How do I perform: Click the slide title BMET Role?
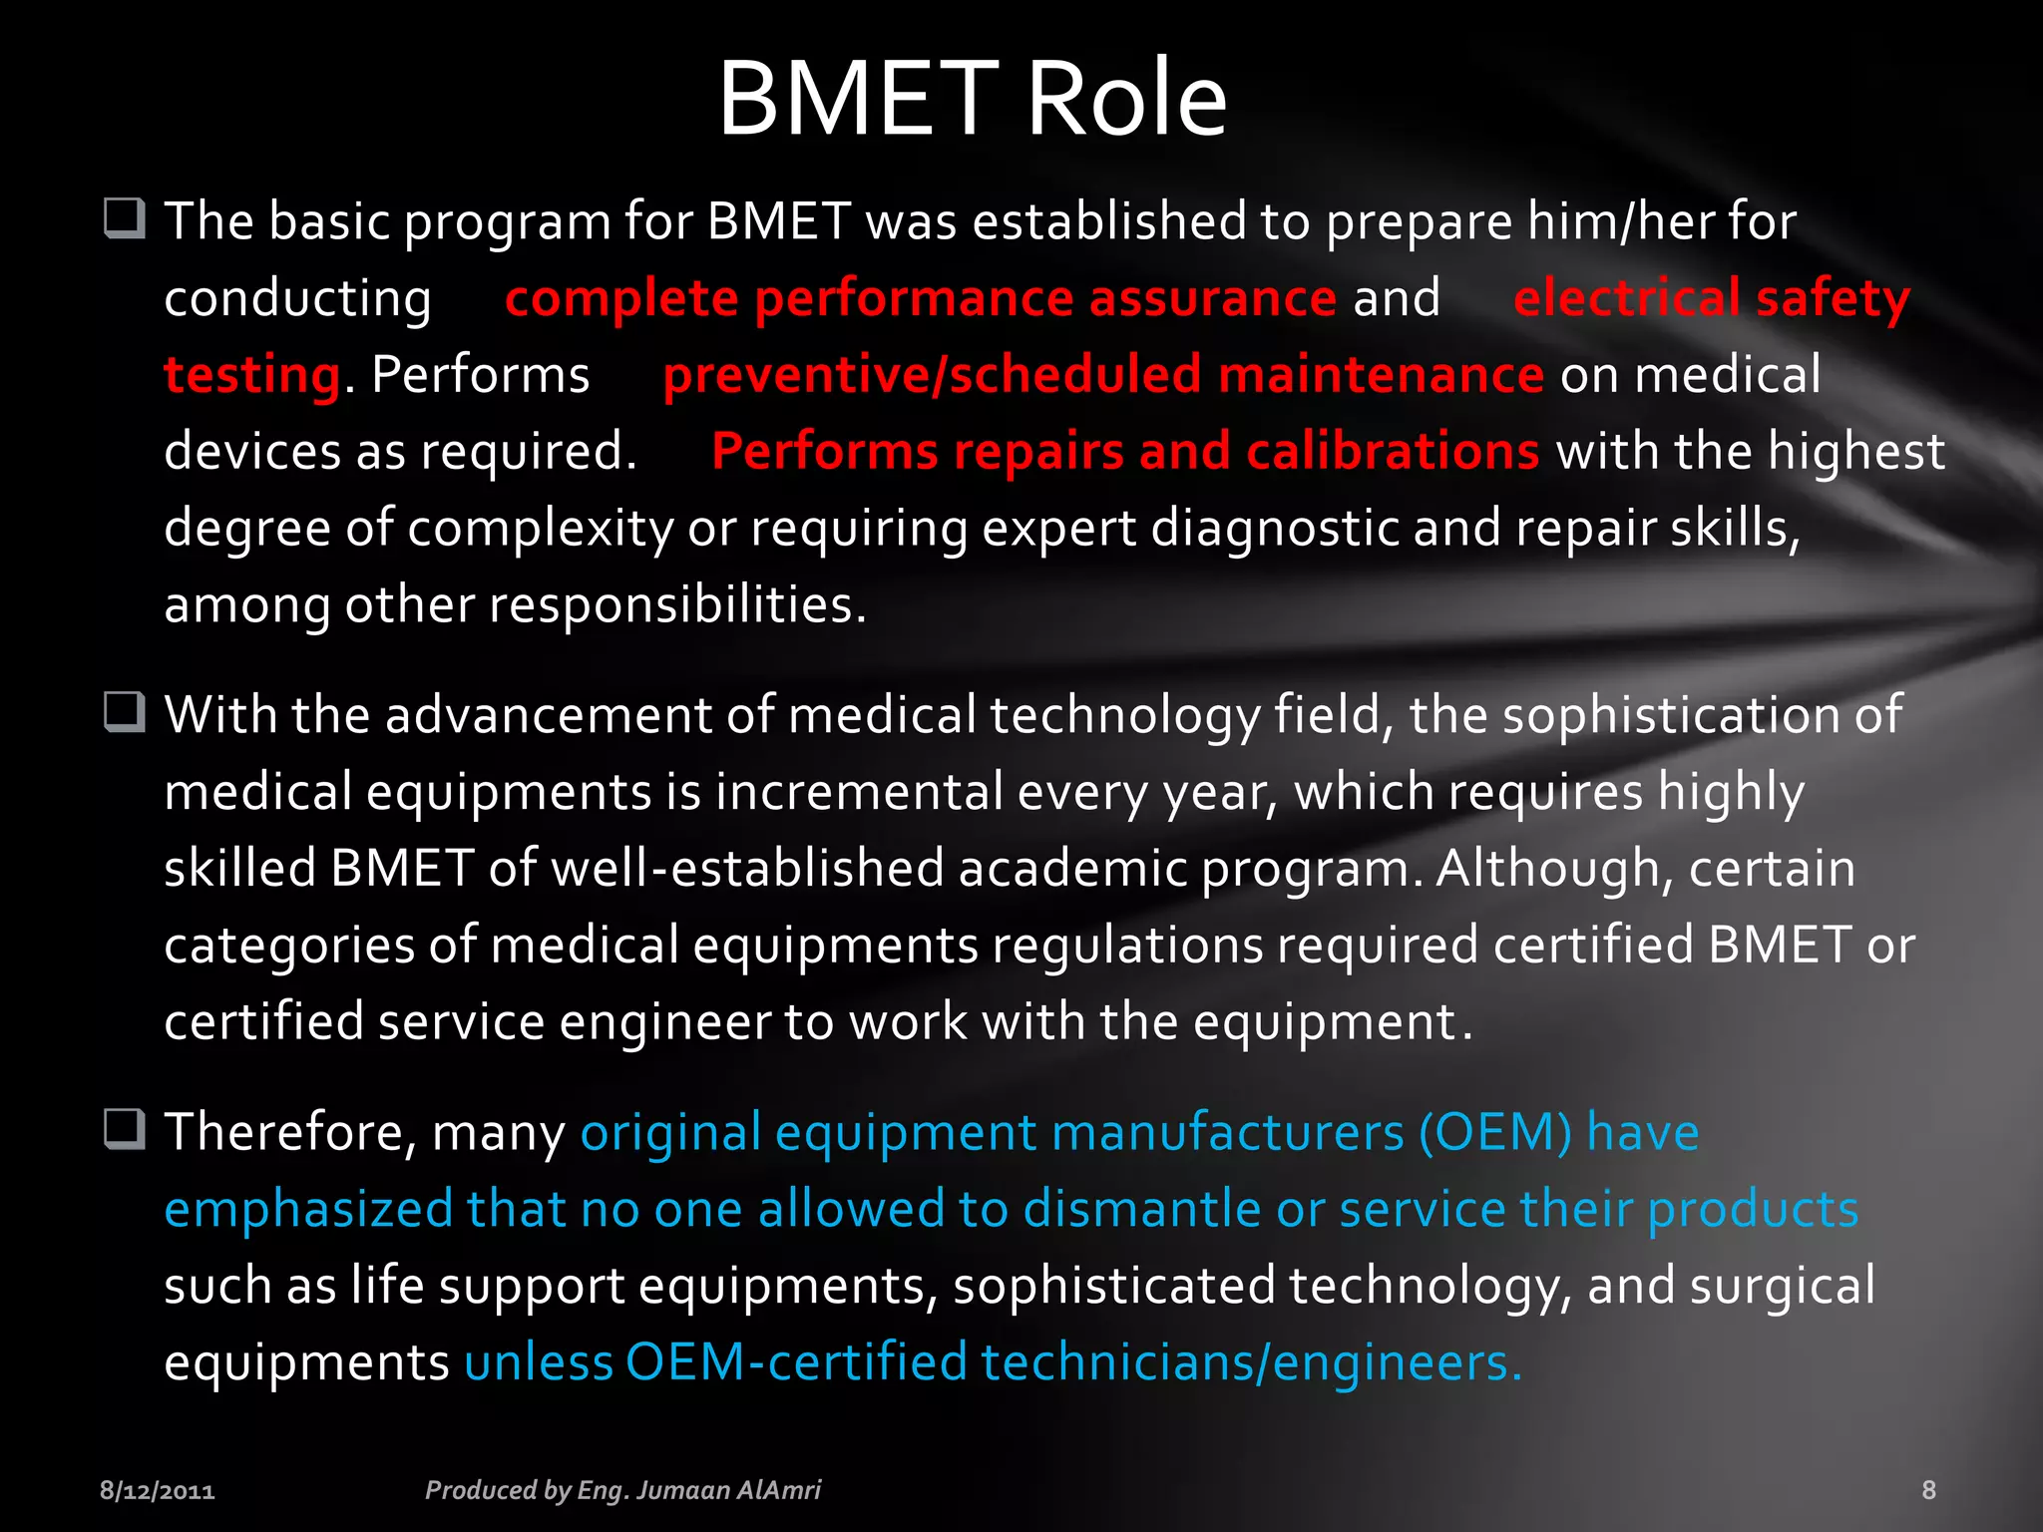(x=972, y=98)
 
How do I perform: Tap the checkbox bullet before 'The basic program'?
(x=125, y=218)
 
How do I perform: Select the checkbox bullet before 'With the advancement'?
(x=125, y=712)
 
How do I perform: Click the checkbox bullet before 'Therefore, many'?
(x=125, y=1129)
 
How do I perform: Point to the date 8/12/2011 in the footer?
(x=158, y=1490)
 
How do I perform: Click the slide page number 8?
(x=1928, y=1490)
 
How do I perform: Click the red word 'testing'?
(x=252, y=375)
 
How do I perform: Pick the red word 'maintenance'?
(x=1381, y=375)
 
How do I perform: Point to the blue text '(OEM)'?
(x=1494, y=1132)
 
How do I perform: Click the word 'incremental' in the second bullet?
(x=859, y=792)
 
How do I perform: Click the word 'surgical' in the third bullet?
(x=1782, y=1286)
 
